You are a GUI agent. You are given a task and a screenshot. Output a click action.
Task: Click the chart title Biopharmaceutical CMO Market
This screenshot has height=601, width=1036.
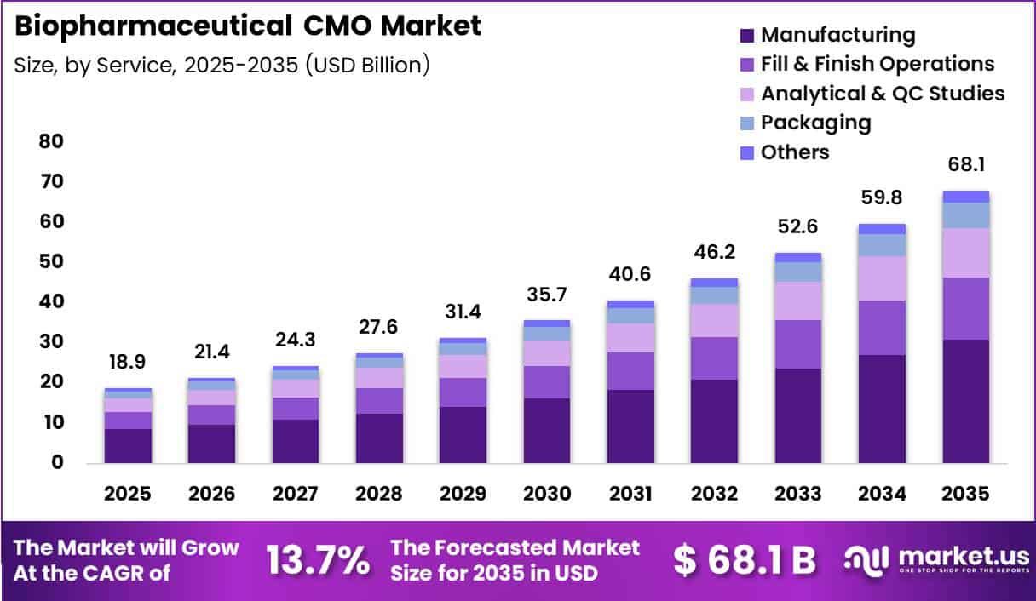(248, 26)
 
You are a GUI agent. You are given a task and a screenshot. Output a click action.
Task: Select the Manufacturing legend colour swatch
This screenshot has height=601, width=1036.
(747, 36)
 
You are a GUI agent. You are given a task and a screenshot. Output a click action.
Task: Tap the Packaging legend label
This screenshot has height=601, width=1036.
(816, 123)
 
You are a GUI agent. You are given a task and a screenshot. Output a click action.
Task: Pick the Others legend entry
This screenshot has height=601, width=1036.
(785, 152)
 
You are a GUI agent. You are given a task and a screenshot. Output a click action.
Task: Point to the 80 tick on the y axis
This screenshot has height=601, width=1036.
(51, 141)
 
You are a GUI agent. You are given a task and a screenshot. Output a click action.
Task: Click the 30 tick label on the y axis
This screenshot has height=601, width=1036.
(51, 342)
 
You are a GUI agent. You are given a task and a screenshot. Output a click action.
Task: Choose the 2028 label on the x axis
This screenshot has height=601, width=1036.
(379, 494)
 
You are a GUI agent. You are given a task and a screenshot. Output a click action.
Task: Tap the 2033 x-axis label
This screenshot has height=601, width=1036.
(797, 494)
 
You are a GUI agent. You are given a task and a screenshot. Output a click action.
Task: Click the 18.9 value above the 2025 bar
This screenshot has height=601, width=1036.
(127, 362)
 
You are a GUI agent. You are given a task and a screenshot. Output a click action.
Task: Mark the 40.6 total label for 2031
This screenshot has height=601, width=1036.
(630, 274)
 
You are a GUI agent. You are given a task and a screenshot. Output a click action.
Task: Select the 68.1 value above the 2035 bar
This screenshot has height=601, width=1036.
(966, 165)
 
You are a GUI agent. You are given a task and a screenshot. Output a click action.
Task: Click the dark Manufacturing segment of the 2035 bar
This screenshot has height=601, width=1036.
(966, 402)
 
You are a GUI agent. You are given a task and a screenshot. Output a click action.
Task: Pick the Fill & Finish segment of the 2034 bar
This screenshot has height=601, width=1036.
(882, 328)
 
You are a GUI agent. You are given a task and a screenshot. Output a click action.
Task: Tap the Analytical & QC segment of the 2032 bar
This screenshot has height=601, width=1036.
(714, 321)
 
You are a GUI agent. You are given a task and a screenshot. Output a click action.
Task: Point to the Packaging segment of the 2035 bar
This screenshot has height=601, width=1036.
(966, 215)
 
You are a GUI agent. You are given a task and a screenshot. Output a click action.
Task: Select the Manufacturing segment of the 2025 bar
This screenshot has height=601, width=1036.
(128, 446)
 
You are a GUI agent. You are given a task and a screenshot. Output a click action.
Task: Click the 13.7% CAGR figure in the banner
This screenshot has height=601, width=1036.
(318, 560)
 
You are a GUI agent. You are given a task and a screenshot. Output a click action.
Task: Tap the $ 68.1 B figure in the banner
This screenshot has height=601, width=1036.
(744, 560)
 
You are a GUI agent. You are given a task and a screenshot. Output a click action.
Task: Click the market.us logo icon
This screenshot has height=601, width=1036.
(866, 561)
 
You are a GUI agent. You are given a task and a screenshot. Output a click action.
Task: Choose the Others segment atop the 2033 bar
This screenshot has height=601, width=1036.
(798, 258)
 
